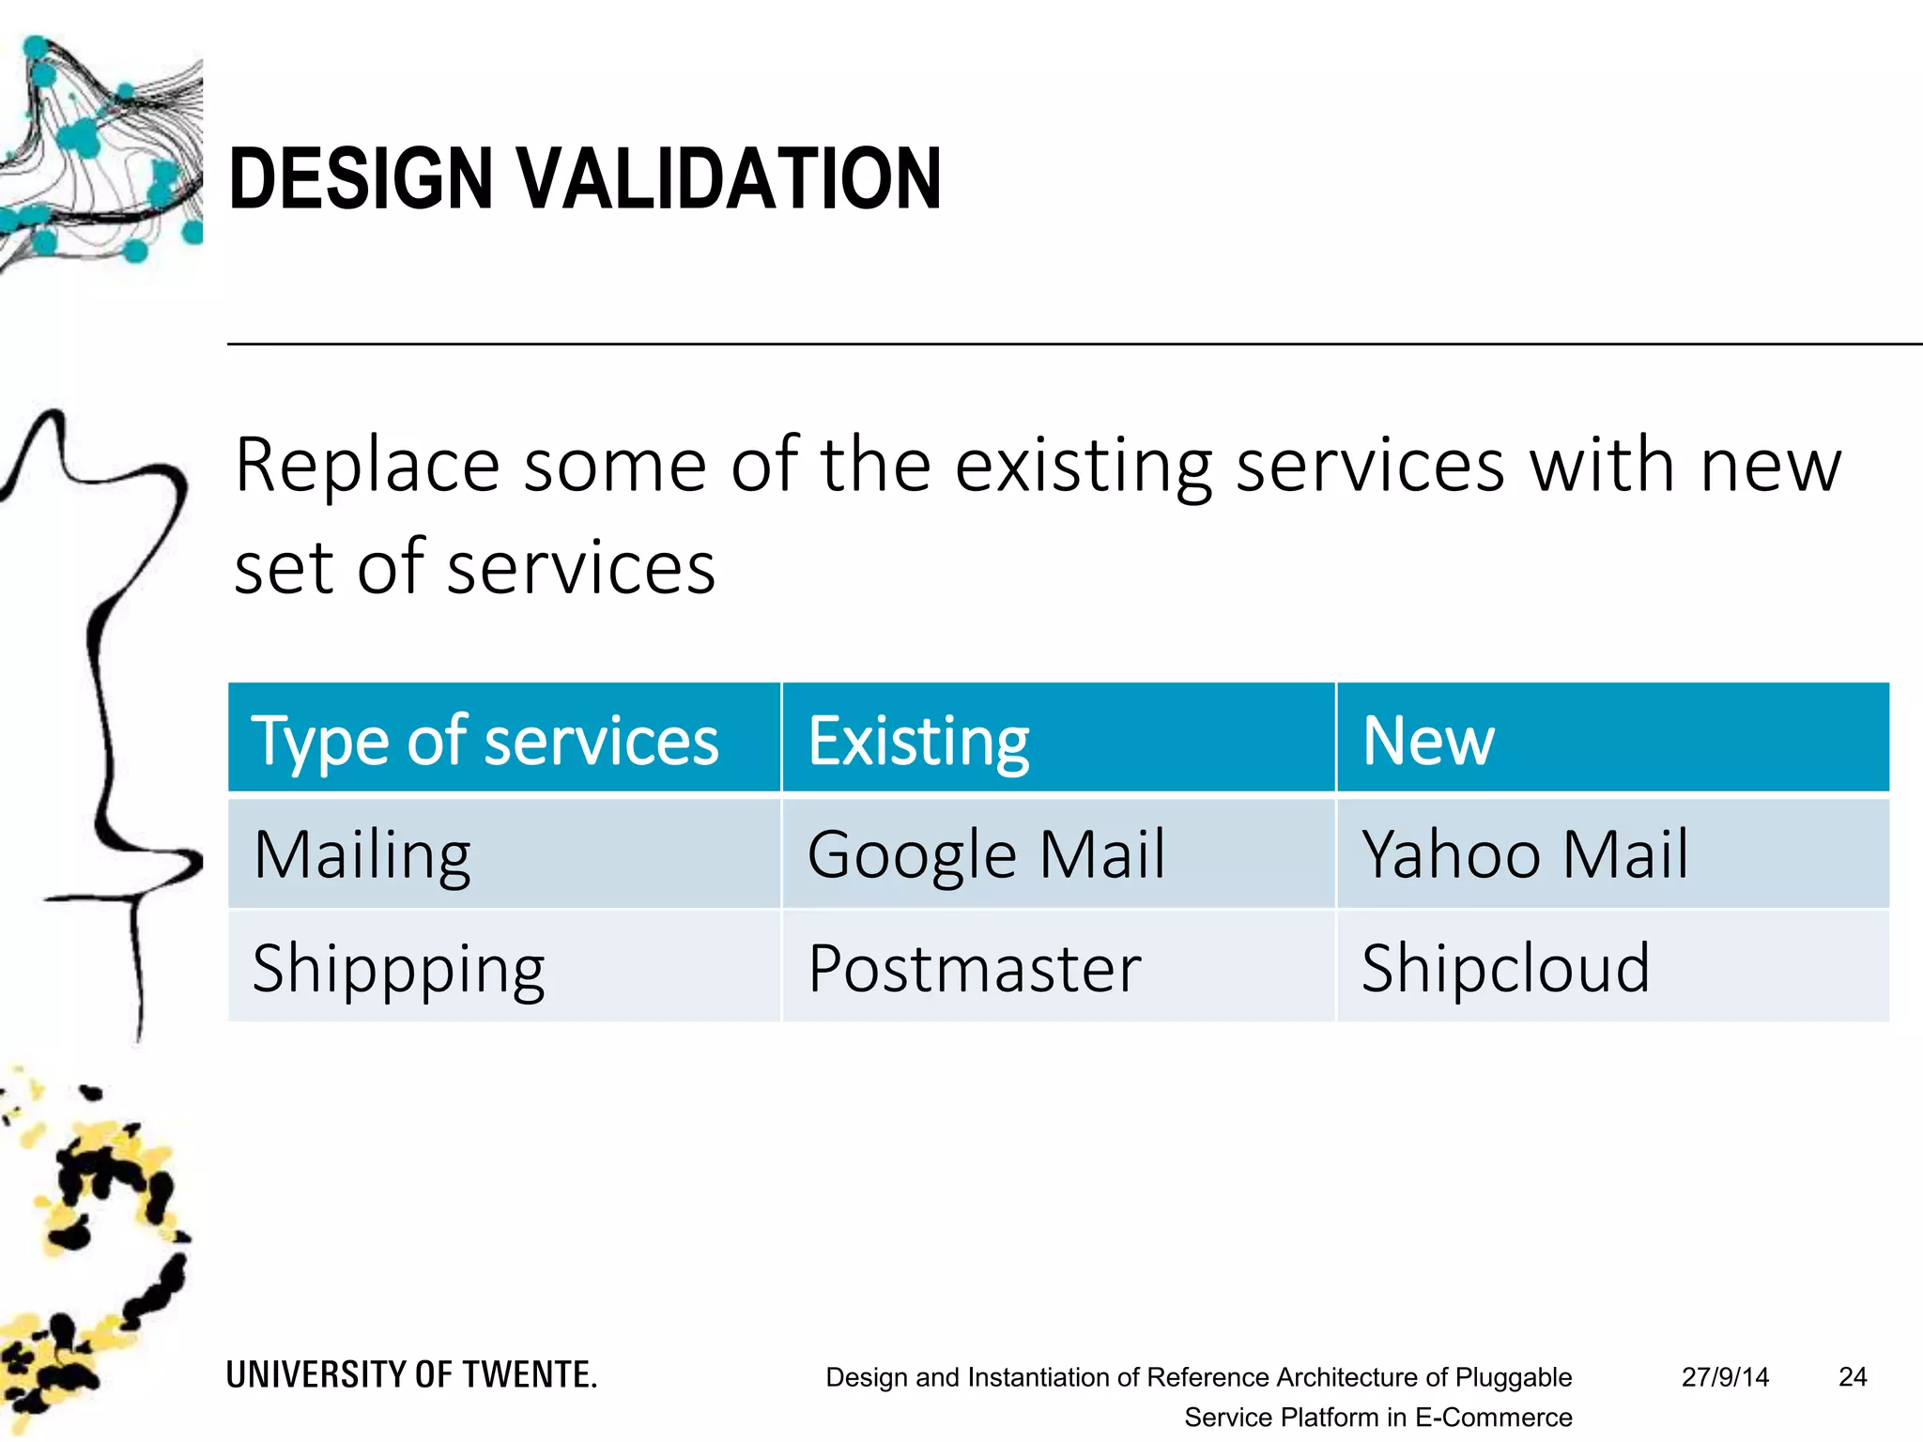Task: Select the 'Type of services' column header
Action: (485, 741)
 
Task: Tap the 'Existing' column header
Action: (918, 741)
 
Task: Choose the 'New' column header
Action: (1427, 741)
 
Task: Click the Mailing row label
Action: (362, 855)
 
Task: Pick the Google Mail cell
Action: (986, 855)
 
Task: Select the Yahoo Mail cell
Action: (1525, 855)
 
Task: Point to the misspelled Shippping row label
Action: (399, 969)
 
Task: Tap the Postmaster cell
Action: (975, 969)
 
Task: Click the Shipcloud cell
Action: (1505, 969)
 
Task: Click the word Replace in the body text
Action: (367, 466)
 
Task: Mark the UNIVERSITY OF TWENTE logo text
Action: (411, 1375)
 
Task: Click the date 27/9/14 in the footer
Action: (1725, 1377)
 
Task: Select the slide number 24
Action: (1853, 1377)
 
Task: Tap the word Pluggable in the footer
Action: (1513, 1377)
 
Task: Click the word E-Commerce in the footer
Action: (1493, 1418)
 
